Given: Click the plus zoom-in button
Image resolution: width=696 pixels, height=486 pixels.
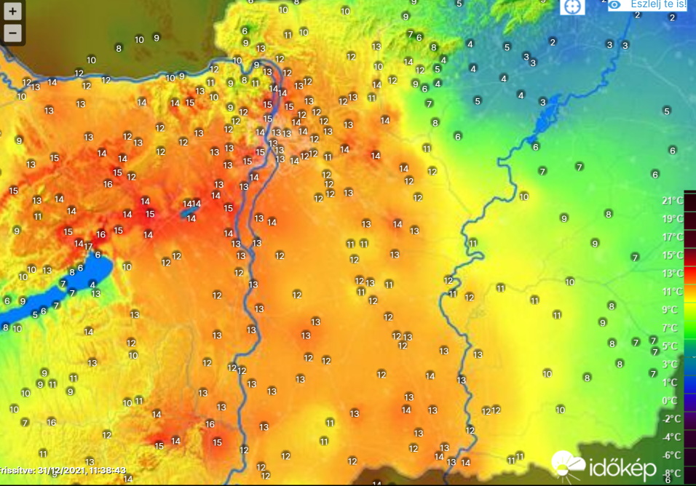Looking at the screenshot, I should pos(12,12).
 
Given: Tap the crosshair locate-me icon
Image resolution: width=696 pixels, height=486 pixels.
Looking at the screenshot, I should pos(572,6).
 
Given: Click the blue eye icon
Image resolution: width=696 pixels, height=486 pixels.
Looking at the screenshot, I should pos(616,4).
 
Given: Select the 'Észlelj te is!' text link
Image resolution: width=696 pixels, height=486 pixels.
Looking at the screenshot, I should pos(657,4).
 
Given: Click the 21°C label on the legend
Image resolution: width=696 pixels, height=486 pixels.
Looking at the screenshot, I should pos(671,201).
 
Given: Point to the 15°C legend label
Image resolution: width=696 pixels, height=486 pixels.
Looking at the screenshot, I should pos(671,255).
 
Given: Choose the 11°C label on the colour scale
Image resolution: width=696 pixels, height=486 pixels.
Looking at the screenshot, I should pos(671,292).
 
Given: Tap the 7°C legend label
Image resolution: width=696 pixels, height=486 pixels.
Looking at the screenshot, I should pos(673,328).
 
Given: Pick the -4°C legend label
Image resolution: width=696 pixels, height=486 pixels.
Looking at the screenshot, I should pos(671,437).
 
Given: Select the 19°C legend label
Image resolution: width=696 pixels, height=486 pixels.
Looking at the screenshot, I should pos(671,219).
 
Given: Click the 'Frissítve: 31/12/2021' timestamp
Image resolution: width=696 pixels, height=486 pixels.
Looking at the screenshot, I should pos(64,471).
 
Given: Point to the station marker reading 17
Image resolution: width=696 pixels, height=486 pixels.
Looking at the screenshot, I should pos(89,247).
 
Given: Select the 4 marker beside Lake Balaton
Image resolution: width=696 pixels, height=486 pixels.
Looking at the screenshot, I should pos(92,284).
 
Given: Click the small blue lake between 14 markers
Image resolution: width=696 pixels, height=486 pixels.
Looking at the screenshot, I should pos(182,212).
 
